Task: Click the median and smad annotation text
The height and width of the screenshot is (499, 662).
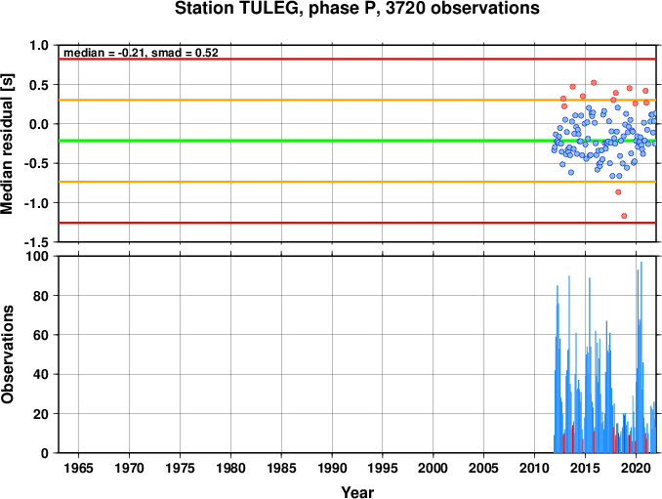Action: [x=141, y=53]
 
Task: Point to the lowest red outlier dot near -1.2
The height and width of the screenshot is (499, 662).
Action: [x=624, y=216]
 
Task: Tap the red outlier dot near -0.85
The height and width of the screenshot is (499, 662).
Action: [x=618, y=192]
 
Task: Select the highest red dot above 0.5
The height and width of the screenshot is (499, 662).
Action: [x=594, y=83]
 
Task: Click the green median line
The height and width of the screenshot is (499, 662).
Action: [x=357, y=141]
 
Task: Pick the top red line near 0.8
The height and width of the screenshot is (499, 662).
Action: [x=357, y=60]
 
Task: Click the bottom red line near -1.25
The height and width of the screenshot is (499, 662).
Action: [x=357, y=223]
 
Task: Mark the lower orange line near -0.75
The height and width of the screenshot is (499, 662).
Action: [x=357, y=182]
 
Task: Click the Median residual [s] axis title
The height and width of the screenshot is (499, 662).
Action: [x=8, y=145]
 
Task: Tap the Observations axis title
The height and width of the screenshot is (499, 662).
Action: [x=8, y=354]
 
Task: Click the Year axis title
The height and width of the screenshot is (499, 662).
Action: [x=357, y=492]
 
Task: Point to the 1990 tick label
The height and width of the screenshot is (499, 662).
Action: [x=332, y=468]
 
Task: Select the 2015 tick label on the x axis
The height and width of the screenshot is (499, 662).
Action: [x=585, y=468]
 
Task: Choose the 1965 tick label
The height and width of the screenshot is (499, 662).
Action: [x=79, y=468]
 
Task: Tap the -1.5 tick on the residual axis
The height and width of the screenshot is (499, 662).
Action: [x=37, y=242]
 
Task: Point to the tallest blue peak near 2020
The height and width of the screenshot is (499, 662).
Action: [x=641, y=263]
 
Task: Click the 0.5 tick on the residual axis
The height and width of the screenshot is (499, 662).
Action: [x=39, y=85]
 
